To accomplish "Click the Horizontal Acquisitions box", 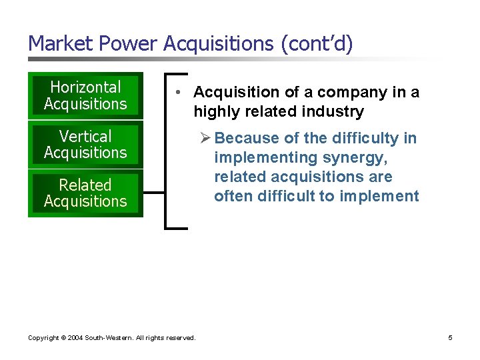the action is pyautogui.click(x=85, y=95).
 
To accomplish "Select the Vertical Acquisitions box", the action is pyautogui.click(x=85, y=144).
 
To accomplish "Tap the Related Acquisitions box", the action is pyautogui.click(x=85, y=193).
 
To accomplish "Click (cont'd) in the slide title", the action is pyautogui.click(x=316, y=43).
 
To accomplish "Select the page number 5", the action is pyautogui.click(x=450, y=338).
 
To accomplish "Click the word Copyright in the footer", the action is pyautogui.click(x=43, y=338).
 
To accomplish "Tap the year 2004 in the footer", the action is pyautogui.click(x=75, y=338).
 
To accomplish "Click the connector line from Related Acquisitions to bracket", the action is pyautogui.click(x=153, y=193).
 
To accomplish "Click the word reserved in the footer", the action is pyautogui.click(x=180, y=338).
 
